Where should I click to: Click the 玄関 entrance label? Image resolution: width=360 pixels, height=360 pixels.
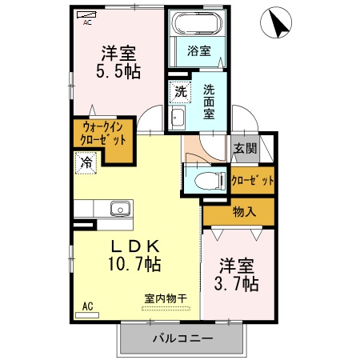[245, 148]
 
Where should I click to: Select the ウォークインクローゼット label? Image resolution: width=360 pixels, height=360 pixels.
[102, 134]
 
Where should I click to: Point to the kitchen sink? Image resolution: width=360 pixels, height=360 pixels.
[119, 209]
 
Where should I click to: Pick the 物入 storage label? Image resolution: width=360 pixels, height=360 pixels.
[244, 212]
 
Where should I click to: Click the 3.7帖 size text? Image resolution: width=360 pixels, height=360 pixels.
[236, 283]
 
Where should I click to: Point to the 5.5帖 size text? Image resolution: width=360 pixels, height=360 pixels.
[120, 71]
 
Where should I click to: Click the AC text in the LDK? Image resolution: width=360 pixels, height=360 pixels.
[87, 306]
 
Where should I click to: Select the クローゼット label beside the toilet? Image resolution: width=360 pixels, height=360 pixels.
[253, 179]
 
